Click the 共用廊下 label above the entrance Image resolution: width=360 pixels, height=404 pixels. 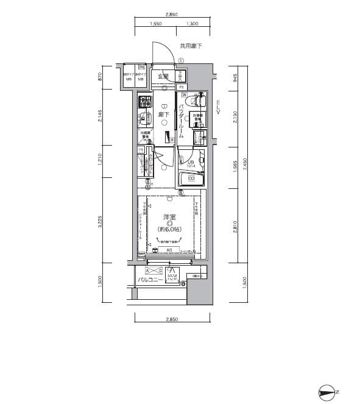(x=190, y=46)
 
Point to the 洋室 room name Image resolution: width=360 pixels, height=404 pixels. (x=170, y=217)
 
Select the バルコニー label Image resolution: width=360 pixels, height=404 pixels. (x=149, y=280)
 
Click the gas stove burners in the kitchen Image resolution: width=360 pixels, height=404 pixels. (x=144, y=101)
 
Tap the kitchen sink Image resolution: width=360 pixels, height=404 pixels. (x=144, y=118)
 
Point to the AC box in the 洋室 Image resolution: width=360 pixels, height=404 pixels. (x=170, y=250)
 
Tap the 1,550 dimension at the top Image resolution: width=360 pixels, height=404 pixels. (x=155, y=24)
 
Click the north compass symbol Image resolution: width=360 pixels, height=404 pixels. (x=328, y=392)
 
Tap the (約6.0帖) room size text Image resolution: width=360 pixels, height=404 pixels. (x=171, y=229)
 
